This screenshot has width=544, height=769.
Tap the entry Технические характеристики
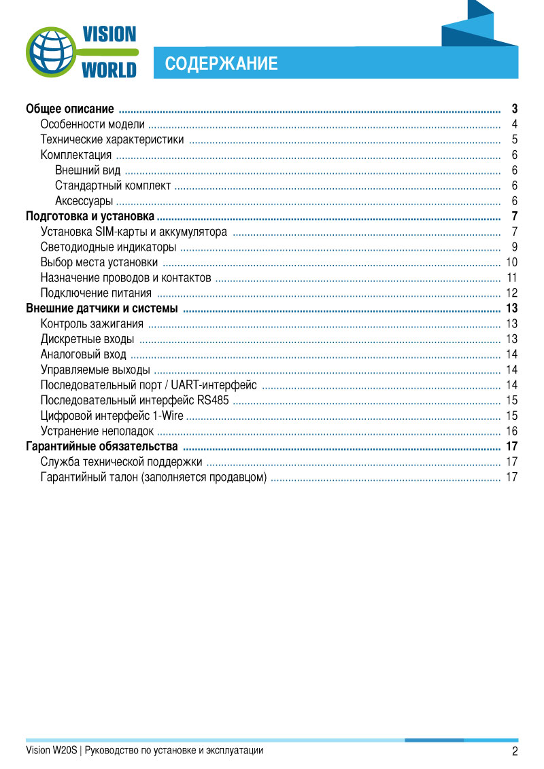coord(112,140)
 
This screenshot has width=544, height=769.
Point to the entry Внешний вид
coord(88,171)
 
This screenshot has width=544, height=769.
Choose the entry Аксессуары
coord(84,201)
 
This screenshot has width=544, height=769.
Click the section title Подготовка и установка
coord(90,217)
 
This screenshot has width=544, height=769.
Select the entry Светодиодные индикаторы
coord(108,247)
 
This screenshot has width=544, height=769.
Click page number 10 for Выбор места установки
coord(512,263)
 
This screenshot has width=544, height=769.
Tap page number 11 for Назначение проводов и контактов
coord(512,278)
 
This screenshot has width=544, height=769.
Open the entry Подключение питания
coord(96,293)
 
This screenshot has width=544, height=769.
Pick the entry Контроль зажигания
coord(92,324)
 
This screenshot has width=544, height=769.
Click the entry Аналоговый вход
coord(83,355)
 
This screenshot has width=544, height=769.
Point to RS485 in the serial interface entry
coord(214,401)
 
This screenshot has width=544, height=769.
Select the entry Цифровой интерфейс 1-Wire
coord(112,416)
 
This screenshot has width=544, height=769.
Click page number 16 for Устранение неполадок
coord(512,431)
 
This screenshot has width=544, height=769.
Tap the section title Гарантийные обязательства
coord(102,446)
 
